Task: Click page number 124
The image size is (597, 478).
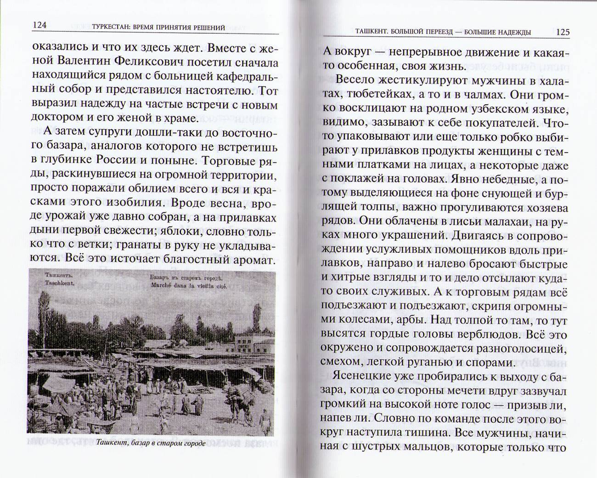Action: [39, 26]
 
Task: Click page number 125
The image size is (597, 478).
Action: [562, 32]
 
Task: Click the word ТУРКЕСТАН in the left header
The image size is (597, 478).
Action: [111, 27]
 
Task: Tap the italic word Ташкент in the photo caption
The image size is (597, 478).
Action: [113, 443]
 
